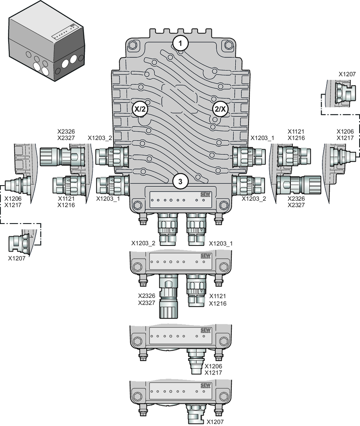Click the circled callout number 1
click(x=180, y=43)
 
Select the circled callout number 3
click(x=180, y=182)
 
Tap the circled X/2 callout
click(x=140, y=108)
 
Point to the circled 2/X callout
click(x=220, y=108)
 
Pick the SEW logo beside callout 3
click(x=206, y=194)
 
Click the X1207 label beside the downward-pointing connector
click(x=215, y=421)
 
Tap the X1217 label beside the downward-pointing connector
click(x=213, y=372)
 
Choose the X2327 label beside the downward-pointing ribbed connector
click(x=146, y=303)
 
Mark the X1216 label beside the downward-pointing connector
click(x=218, y=303)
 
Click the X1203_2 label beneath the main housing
click(x=144, y=243)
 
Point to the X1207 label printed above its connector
click(x=347, y=73)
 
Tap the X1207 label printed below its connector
click(x=17, y=258)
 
